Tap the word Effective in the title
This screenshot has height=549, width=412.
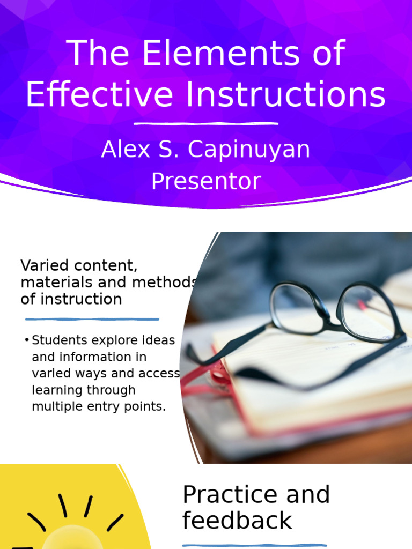[99, 95]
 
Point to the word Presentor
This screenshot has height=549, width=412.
[205, 181]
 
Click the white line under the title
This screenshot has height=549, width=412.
[205, 124]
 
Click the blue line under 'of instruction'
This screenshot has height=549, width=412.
[90, 319]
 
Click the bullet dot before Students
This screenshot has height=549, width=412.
[26, 340]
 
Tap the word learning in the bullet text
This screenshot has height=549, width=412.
[55, 390]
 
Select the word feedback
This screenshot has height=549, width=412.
[237, 521]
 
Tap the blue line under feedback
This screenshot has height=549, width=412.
[254, 545]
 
